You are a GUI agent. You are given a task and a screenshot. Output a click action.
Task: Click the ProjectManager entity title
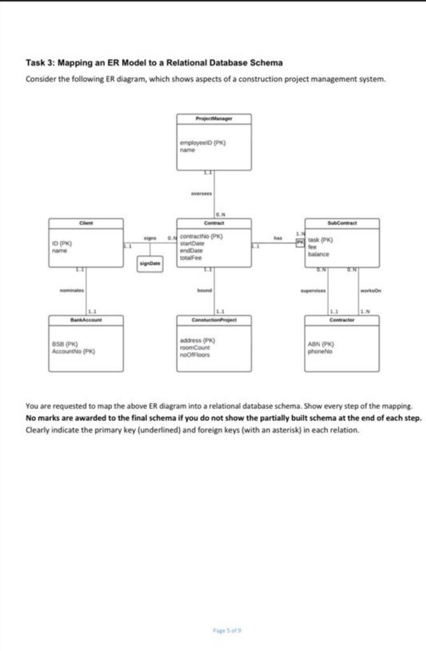pyautogui.click(x=214, y=119)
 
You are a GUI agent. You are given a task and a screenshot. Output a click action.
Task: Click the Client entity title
pyautogui.click(x=86, y=223)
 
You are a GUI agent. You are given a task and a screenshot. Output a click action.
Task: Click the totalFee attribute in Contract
pyautogui.click(x=191, y=257)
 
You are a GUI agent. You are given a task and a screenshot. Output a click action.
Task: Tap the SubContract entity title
pyautogui.click(x=342, y=223)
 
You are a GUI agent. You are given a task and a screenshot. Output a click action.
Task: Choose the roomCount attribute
pyautogui.click(x=193, y=348)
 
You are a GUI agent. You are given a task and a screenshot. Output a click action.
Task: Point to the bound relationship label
pyautogui.click(x=205, y=291)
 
